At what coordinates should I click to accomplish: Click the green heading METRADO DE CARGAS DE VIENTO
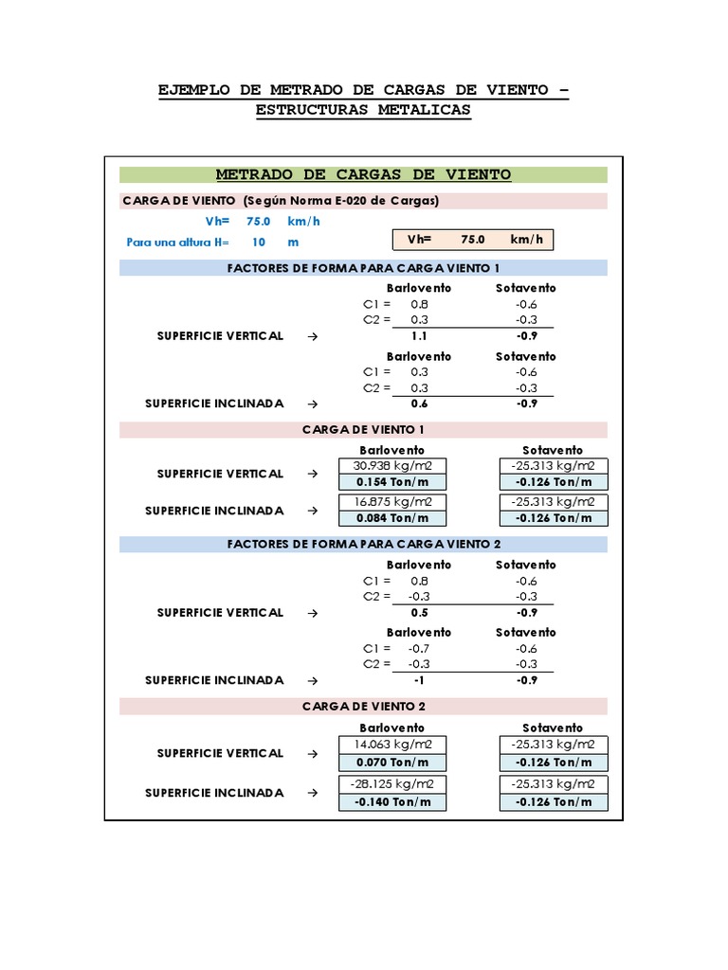coord(363,174)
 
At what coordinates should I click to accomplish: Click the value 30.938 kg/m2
coord(391,466)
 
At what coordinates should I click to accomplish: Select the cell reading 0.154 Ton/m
coord(391,482)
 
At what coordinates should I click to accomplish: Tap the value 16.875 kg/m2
coord(391,502)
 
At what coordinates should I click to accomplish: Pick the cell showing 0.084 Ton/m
coord(391,518)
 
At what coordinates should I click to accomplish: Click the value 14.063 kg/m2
coord(391,745)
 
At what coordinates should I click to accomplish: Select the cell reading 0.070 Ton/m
coord(391,762)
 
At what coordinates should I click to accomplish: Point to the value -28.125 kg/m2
coord(391,784)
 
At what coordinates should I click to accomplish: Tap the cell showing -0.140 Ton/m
coord(391,801)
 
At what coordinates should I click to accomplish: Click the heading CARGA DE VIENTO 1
coord(363,429)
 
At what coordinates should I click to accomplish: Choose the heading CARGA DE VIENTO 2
coord(363,707)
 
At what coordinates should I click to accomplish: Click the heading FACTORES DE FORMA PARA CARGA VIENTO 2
coord(363,544)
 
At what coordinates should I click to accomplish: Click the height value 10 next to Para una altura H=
coord(258,242)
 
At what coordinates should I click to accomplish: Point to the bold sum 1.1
coord(419,336)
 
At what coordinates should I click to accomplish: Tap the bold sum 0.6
coord(419,404)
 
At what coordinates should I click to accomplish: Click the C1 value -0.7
coord(419,649)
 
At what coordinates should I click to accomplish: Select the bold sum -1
coord(419,680)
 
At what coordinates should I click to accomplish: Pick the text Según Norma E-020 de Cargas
coord(340,201)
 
